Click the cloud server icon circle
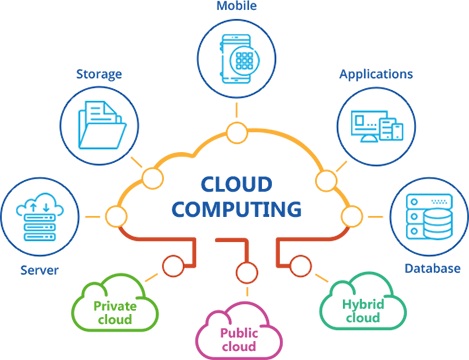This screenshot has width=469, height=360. coord(40,212)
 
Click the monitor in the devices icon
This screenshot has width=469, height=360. coord(368,123)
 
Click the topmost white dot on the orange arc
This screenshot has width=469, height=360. coord(237,132)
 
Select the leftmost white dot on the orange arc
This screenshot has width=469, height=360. coord(116,216)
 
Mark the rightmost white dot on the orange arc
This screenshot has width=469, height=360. coord(351,216)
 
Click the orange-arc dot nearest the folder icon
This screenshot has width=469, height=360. coord(152,179)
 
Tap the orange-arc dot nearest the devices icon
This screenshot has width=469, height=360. coord(325,180)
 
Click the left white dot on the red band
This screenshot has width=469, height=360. coord(173,266)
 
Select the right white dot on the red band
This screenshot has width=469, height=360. coord(300,266)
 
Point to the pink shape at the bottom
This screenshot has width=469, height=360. coord(237,325)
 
